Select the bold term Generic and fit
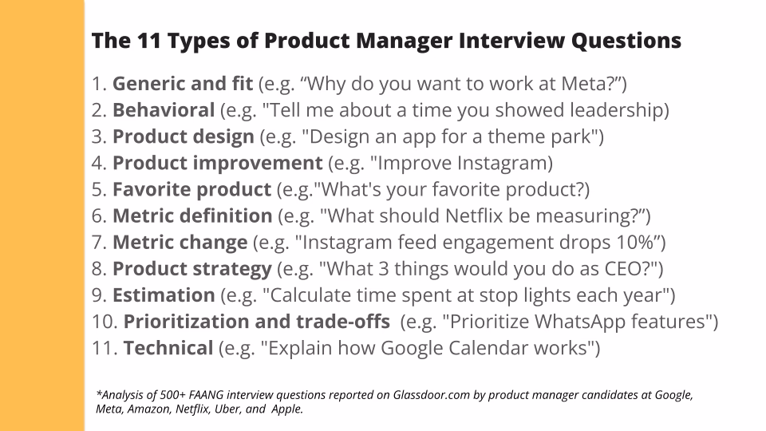(183, 83)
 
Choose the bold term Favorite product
(191, 189)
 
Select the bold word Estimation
(164, 295)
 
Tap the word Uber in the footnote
(232, 409)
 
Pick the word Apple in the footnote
(290, 409)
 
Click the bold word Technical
(168, 348)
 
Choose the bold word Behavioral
(164, 109)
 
